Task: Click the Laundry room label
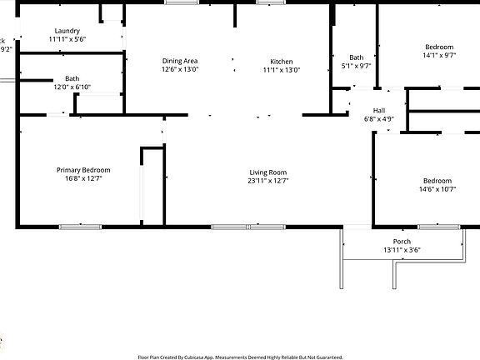(x=67, y=30)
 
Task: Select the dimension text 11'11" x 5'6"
(x=67, y=39)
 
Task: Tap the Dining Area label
(x=179, y=61)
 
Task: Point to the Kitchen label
(x=282, y=61)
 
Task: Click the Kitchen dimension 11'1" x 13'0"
(x=282, y=70)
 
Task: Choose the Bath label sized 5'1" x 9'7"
(x=357, y=57)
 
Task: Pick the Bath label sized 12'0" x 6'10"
(x=72, y=78)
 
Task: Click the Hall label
(x=379, y=110)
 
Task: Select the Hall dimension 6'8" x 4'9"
(x=379, y=119)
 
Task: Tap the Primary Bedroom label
(x=83, y=170)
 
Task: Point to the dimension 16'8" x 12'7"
(x=83, y=179)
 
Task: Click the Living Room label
(x=268, y=172)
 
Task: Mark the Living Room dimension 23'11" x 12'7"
(x=268, y=181)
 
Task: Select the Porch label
(x=402, y=242)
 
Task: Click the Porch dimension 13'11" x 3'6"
(x=402, y=250)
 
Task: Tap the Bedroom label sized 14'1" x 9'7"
(x=439, y=47)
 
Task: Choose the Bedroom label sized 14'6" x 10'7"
(x=437, y=181)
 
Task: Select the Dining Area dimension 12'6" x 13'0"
(x=179, y=70)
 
